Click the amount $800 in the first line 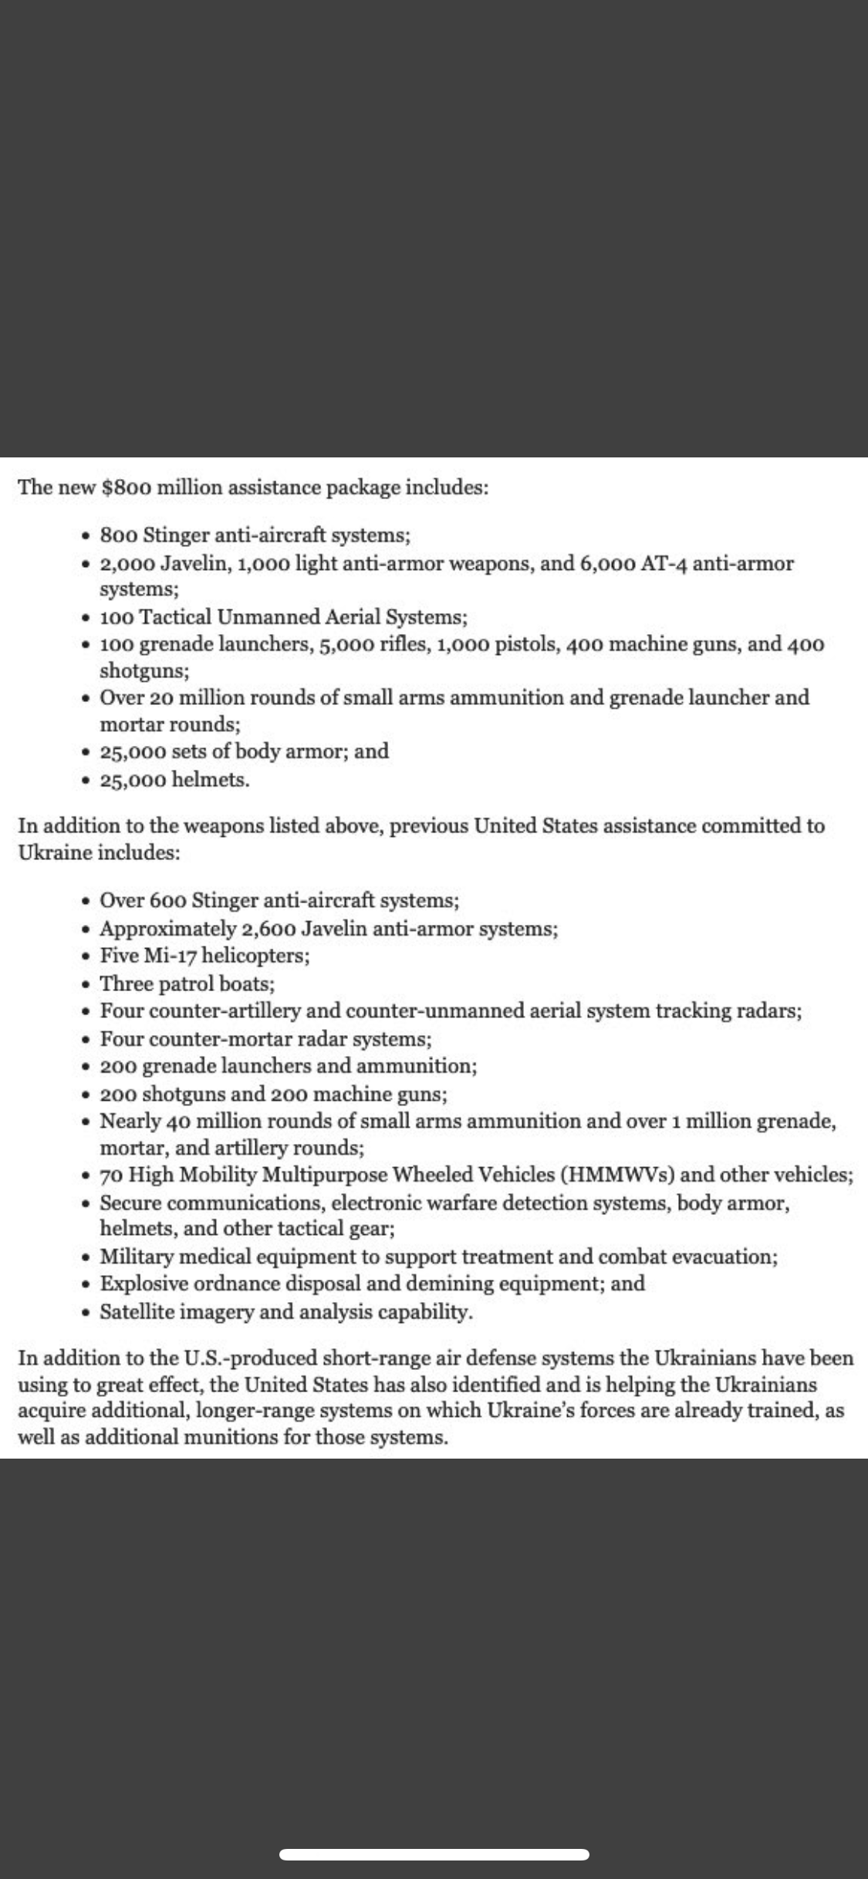126,487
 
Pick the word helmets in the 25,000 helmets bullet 210,779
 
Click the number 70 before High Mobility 112,1175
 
